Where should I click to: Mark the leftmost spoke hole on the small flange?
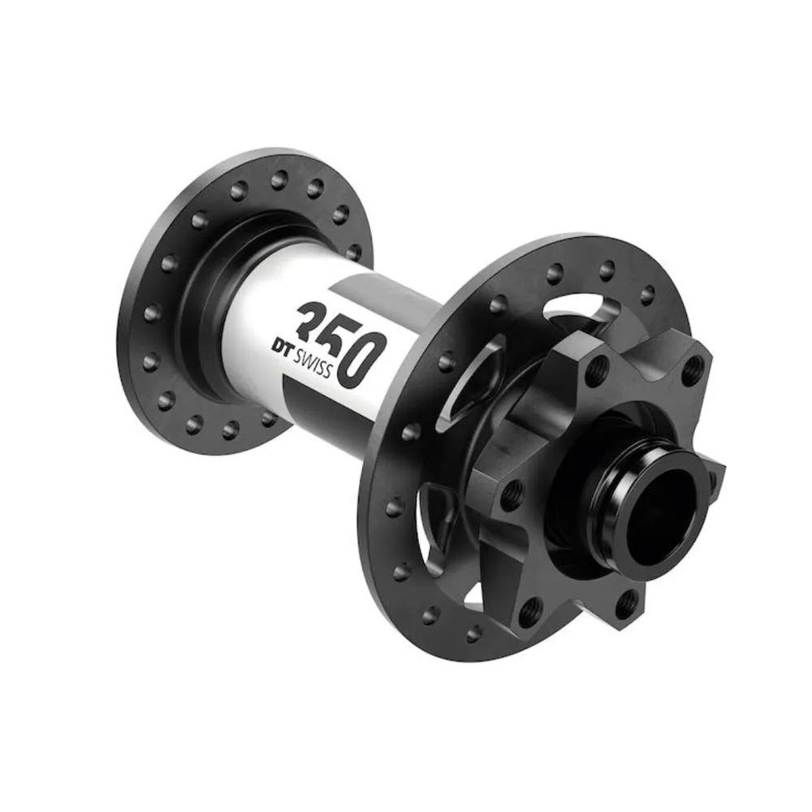pos(149,312)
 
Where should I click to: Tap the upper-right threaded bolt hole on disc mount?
pos(691,370)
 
